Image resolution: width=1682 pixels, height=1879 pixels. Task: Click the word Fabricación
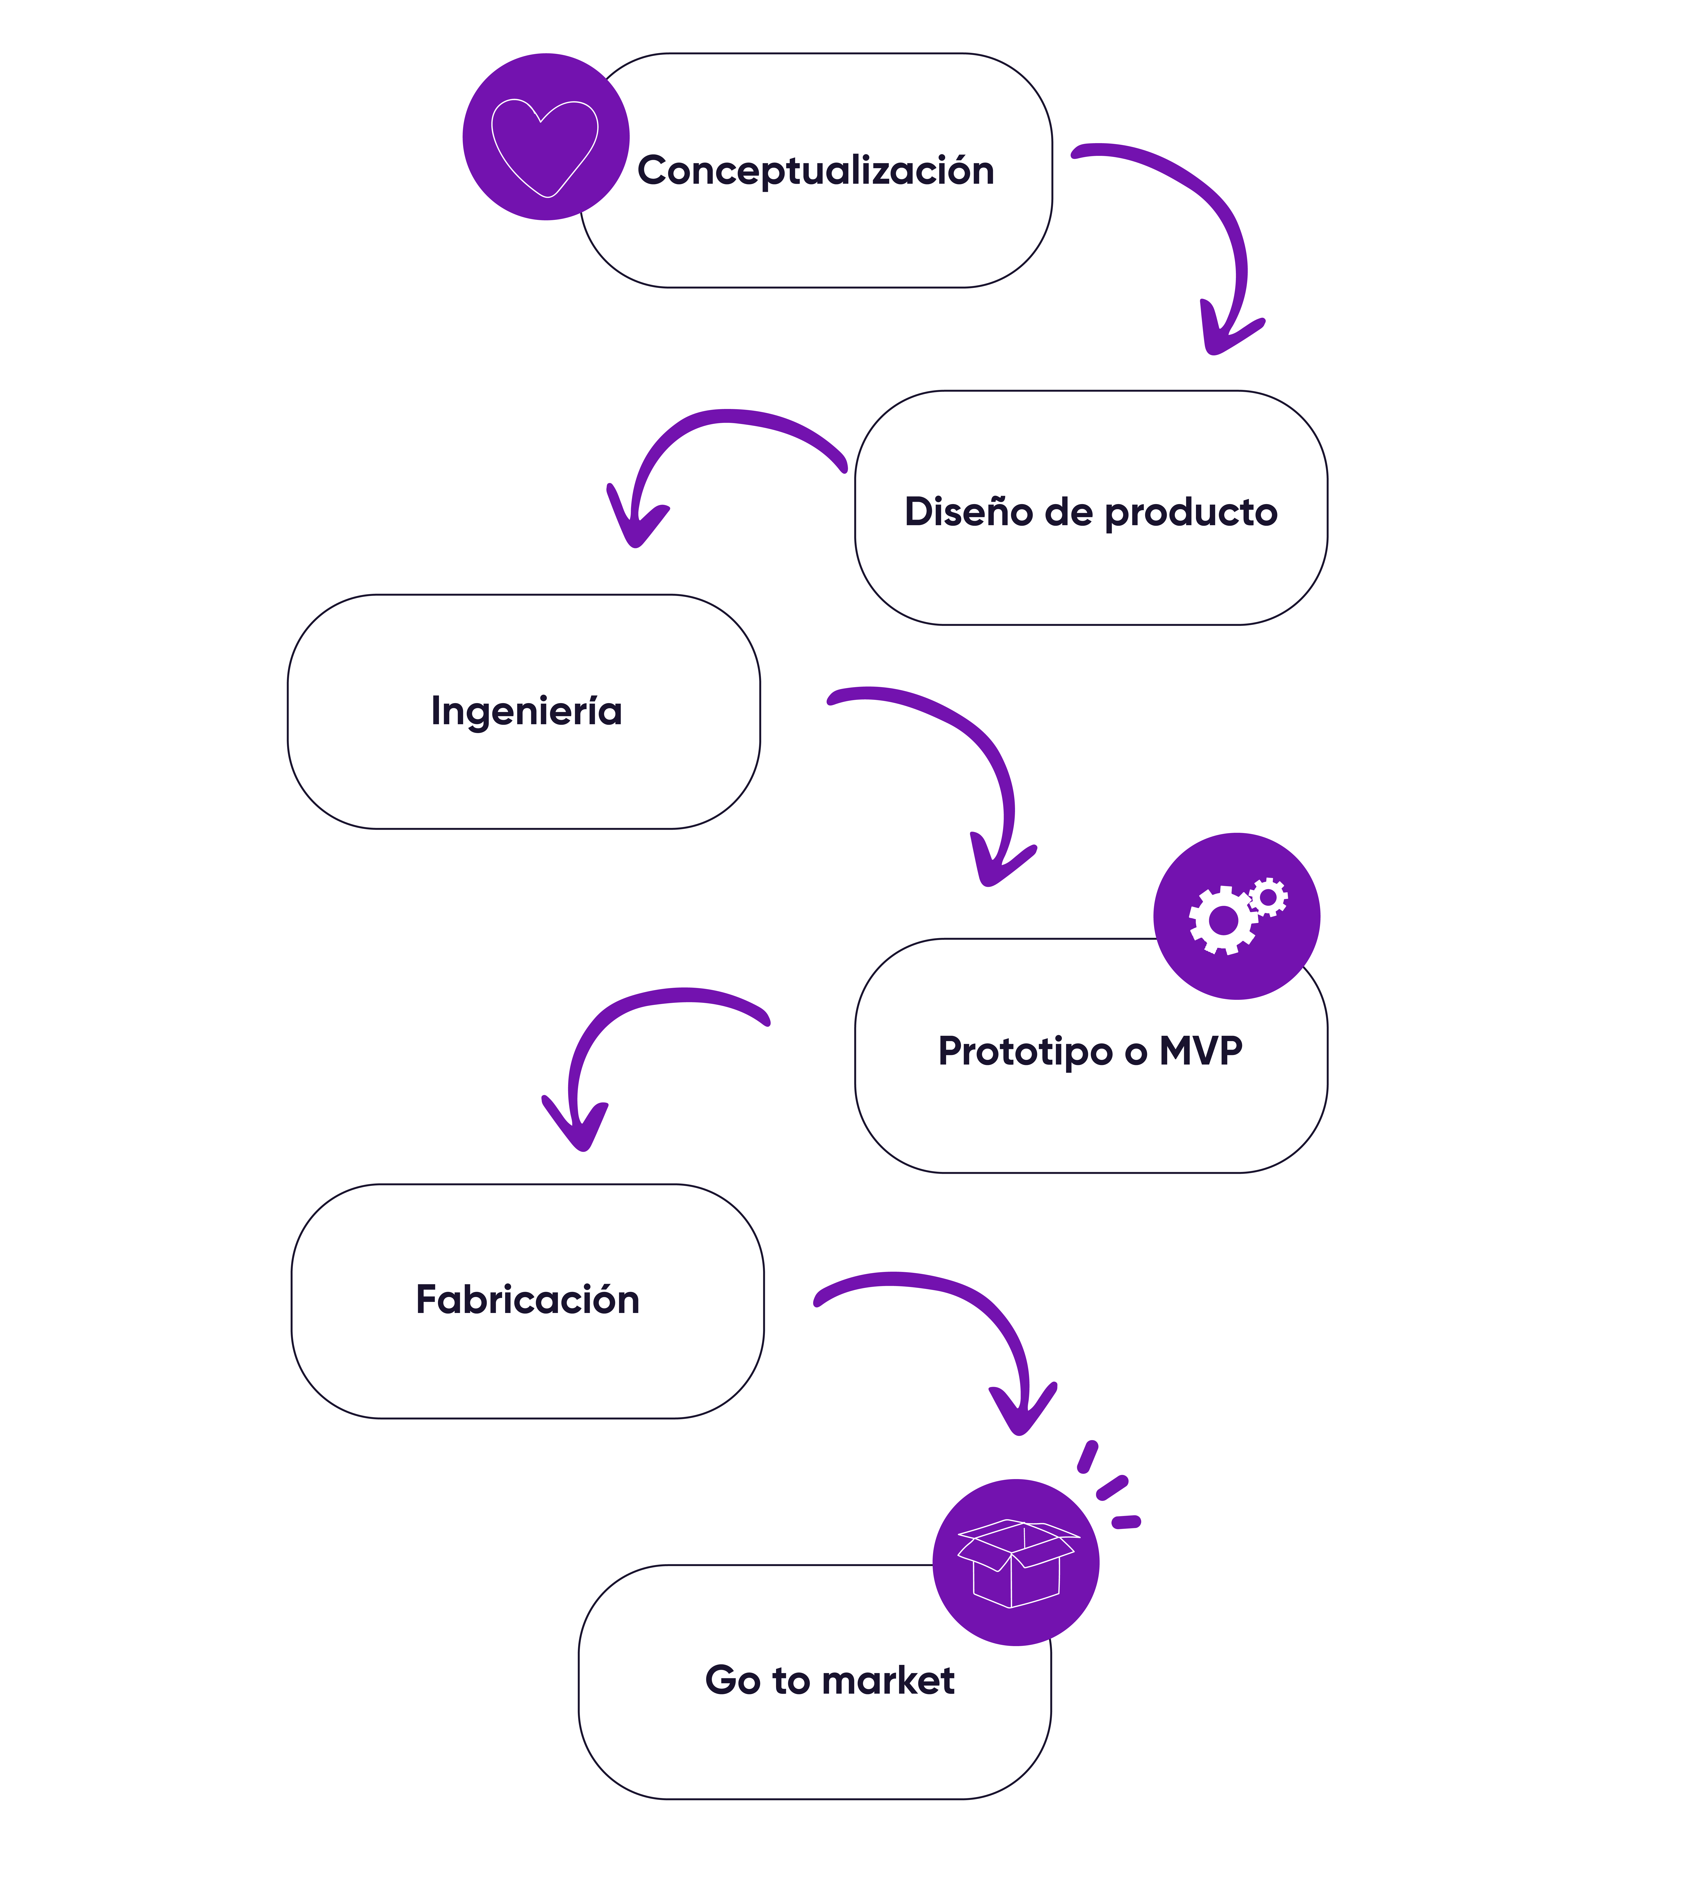click(x=528, y=1300)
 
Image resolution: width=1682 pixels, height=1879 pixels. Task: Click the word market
click(x=894, y=1680)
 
